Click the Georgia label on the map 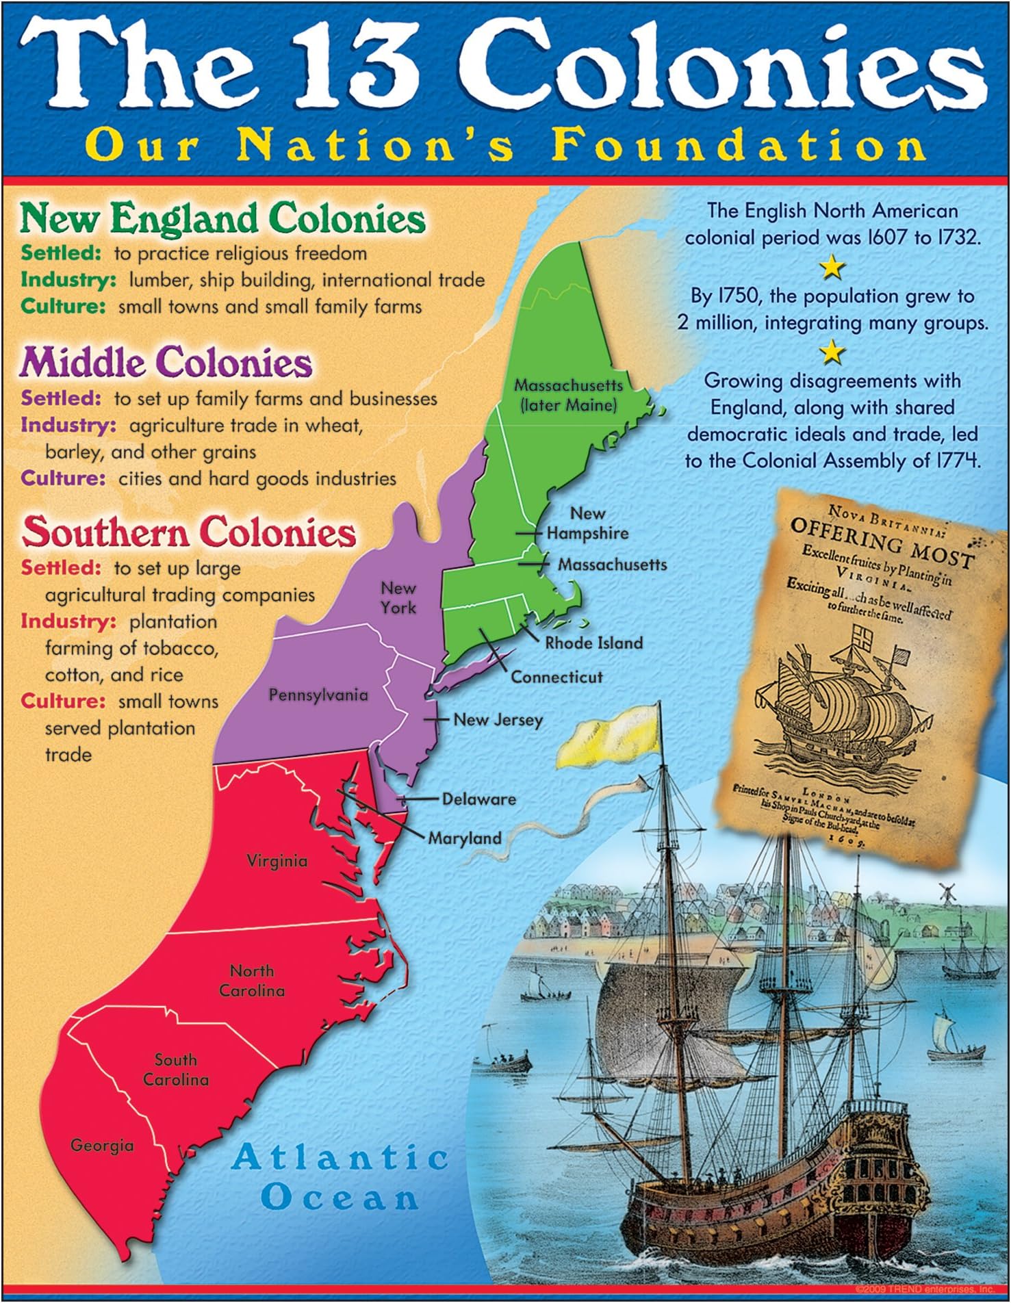pyautogui.click(x=102, y=1145)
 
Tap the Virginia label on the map pyautogui.click(x=277, y=860)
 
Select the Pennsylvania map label pyautogui.click(x=318, y=695)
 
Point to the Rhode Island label pyautogui.click(x=593, y=643)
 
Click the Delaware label pyautogui.click(x=478, y=799)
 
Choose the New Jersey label pyautogui.click(x=498, y=719)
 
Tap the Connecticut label pyautogui.click(x=556, y=677)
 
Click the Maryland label pyautogui.click(x=465, y=838)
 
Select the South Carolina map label pyautogui.click(x=175, y=1070)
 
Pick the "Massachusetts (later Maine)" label pyautogui.click(x=568, y=395)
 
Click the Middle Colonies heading pyautogui.click(x=166, y=363)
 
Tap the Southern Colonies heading pyautogui.click(x=189, y=532)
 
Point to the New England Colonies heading pyautogui.click(x=223, y=219)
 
